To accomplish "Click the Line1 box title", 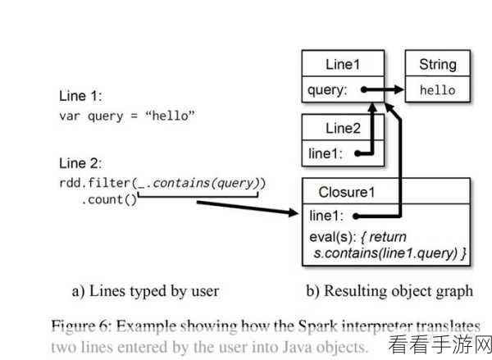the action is [343, 64].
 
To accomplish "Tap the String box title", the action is [438, 65].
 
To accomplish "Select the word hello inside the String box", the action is [438, 90].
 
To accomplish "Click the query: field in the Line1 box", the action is [327, 90].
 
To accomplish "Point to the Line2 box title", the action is [343, 129].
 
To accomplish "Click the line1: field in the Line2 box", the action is [325, 154].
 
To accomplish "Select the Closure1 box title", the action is [347, 192].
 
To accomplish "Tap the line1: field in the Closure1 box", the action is [326, 216].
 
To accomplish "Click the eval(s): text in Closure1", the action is [333, 237].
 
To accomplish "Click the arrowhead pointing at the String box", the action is [399, 89].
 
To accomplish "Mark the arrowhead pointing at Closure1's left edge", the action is [294, 212].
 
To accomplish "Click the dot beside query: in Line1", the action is [364, 89].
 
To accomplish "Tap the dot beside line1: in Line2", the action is [358, 153].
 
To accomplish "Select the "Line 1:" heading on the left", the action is [80, 96].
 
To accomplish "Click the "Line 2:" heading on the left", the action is [80, 163].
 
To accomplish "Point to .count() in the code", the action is [109, 200].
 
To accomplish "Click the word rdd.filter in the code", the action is [94, 183].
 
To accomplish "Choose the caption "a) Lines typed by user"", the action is [145, 291].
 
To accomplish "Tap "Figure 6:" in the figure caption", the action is [81, 326].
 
